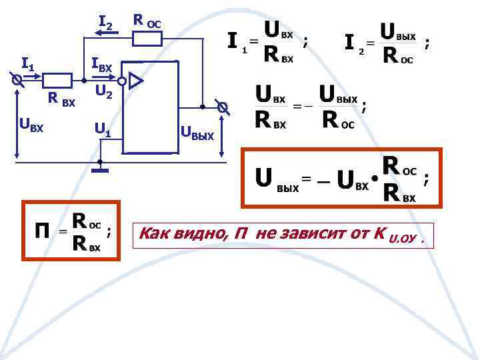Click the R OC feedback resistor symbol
click(x=147, y=39)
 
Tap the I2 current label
click(x=107, y=25)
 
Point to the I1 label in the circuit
click(x=28, y=64)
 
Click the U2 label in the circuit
click(x=103, y=91)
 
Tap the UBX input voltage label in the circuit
click(x=31, y=123)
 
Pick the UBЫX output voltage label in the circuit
click(x=197, y=135)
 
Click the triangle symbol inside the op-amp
click(x=135, y=81)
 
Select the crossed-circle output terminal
click(x=223, y=107)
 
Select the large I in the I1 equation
click(x=232, y=43)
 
